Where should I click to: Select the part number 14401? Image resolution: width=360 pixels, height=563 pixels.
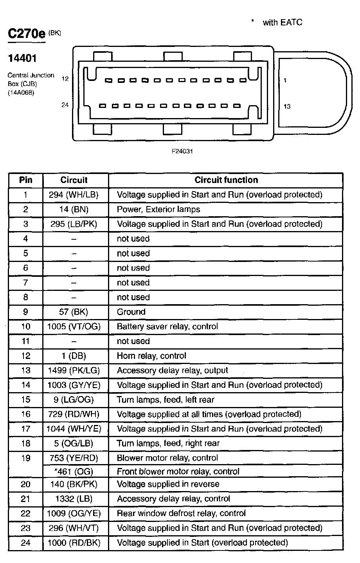[x=22, y=58]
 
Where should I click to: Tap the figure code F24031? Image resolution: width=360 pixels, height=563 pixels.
[x=182, y=151]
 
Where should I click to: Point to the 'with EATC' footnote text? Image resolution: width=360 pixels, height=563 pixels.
[x=282, y=22]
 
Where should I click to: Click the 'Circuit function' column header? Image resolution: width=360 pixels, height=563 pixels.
[x=226, y=180]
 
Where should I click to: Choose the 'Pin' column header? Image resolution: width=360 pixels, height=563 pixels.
[x=25, y=180]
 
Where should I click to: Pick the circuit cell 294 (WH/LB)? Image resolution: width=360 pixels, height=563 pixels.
[x=74, y=195]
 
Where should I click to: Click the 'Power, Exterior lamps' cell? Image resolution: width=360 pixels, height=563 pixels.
[x=158, y=209]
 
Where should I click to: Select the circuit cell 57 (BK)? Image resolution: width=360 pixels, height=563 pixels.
[x=74, y=312]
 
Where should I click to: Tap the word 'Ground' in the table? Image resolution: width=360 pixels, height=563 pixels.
[x=131, y=312]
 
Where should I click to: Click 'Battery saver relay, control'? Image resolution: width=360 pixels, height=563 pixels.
[x=167, y=326]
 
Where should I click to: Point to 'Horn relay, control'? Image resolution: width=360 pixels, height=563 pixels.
[x=151, y=356]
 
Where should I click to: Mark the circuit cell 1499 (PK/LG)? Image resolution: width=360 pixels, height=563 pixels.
[x=74, y=370]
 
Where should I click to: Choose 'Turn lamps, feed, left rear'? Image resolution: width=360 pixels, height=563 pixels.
[x=166, y=400]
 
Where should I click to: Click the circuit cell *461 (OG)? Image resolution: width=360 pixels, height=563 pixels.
[x=74, y=472]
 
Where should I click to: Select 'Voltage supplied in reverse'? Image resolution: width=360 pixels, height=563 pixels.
[x=168, y=484]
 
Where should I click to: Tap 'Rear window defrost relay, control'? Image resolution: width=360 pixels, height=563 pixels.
[x=181, y=513]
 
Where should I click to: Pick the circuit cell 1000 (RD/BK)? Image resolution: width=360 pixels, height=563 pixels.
[x=74, y=543]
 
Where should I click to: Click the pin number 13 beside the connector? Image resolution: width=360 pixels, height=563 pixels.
[x=287, y=106]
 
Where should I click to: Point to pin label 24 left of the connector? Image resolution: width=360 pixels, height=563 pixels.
[x=65, y=104]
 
